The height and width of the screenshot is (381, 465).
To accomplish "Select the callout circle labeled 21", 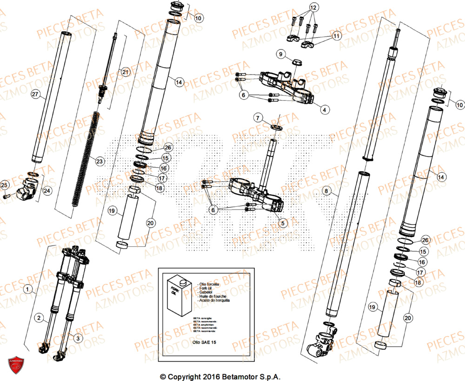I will [125, 72].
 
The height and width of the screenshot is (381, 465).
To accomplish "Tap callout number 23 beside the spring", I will [100, 161].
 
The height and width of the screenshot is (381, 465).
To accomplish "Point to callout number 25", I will [5, 186].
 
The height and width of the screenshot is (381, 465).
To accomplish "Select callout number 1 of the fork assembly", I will [28, 290].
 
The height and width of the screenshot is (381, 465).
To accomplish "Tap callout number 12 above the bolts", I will [312, 8].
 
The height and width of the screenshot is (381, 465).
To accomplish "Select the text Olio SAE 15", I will [206, 341].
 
